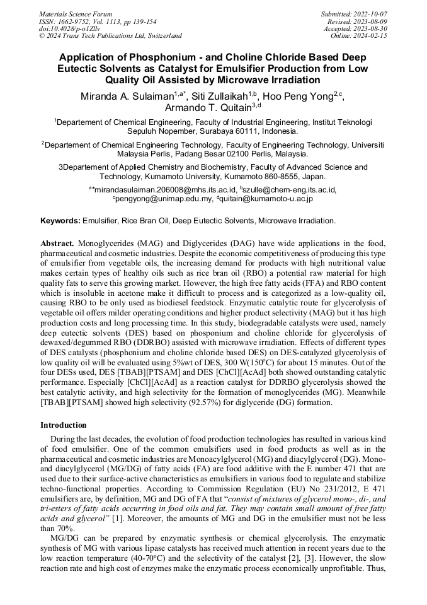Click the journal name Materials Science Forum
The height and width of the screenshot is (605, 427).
pos(76,14)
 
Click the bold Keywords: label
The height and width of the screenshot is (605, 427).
pos(60,221)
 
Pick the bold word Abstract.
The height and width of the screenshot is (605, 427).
pos(57,244)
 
